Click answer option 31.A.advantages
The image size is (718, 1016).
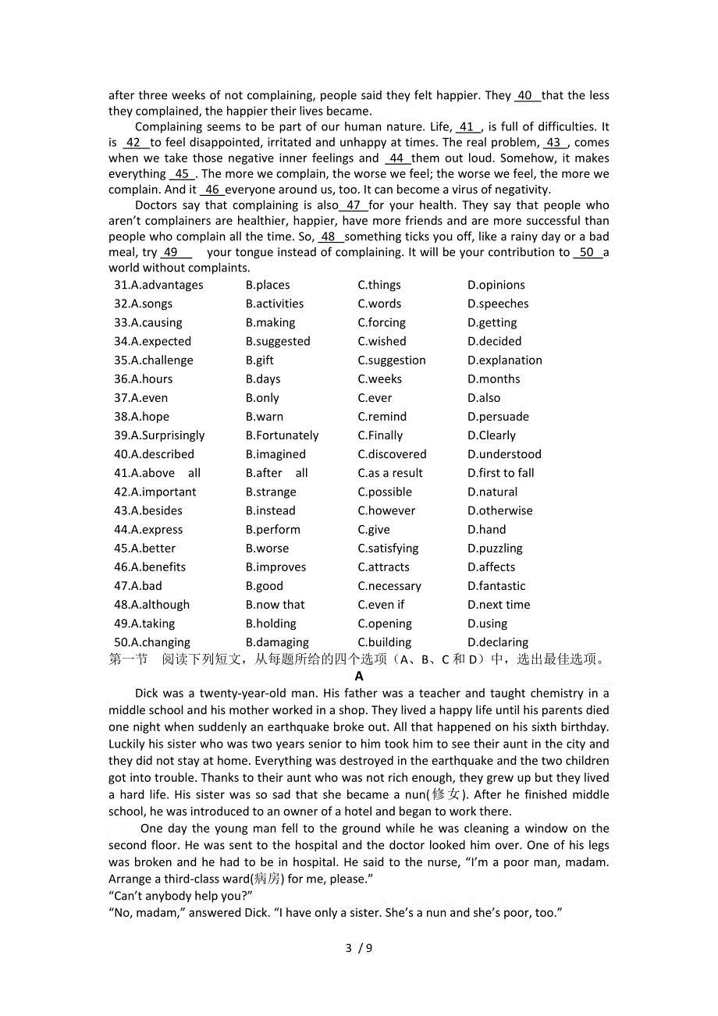coord(158,286)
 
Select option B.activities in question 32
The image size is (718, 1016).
coord(275,304)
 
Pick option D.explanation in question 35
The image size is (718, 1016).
coord(504,361)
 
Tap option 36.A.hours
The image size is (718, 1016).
coord(144,379)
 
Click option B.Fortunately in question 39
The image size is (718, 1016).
coord(282,435)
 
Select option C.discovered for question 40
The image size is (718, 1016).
coord(392,454)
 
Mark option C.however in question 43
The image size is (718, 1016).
coord(386,511)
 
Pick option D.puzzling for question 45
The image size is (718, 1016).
coord(495,549)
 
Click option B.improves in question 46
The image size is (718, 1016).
coord(275,567)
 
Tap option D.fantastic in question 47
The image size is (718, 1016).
coord(496,586)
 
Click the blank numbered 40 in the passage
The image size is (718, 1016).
coord(527,96)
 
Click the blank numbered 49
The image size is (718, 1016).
coord(176,253)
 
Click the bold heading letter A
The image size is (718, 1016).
coord(359,677)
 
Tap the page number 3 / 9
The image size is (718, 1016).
coord(359,948)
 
